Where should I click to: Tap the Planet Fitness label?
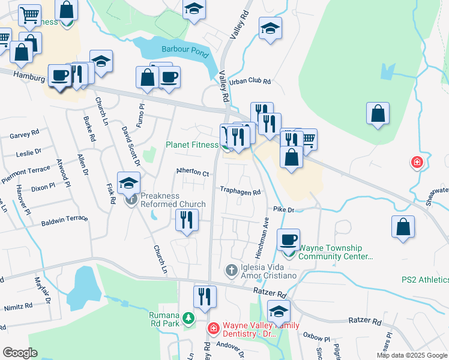pyautogui.click(x=193, y=145)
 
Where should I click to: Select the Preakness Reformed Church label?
pyautogui.click(x=173, y=200)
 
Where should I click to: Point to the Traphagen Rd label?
pyautogui.click(x=240, y=193)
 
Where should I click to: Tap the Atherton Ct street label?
pyautogui.click(x=192, y=172)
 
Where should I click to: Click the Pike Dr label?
pyautogui.click(x=283, y=210)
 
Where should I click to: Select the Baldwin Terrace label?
pyautogui.click(x=64, y=221)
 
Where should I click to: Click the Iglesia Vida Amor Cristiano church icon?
pyautogui.click(x=231, y=271)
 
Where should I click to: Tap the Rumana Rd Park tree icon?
pyautogui.click(x=189, y=317)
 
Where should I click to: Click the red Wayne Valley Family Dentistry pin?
pyautogui.click(x=213, y=328)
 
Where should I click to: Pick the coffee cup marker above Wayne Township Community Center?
pyautogui.click(x=288, y=239)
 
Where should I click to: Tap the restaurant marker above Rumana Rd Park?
pyautogui.click(x=205, y=296)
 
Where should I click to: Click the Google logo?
pyautogui.click(x=20, y=352)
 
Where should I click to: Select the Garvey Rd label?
pyautogui.click(x=25, y=135)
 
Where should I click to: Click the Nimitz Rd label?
pyautogui.click(x=18, y=306)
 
